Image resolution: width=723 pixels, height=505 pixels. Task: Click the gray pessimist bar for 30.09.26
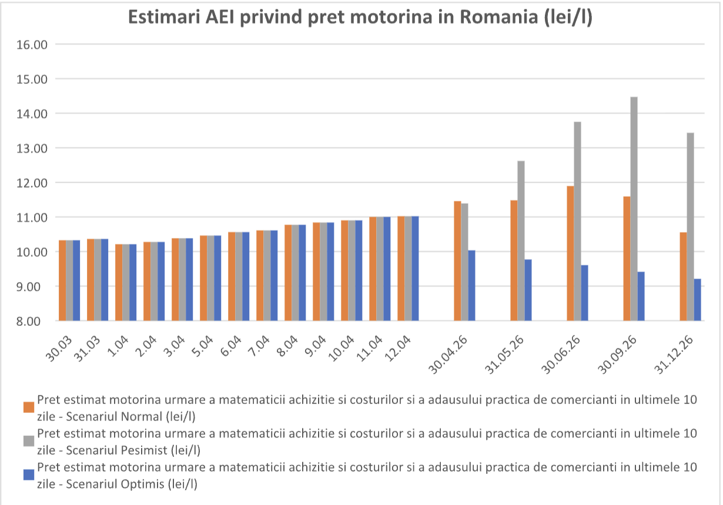pyautogui.click(x=634, y=208)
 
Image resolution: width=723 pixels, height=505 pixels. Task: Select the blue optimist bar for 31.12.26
pyautogui.click(x=697, y=299)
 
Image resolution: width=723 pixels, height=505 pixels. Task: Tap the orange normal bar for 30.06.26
pyautogui.click(x=570, y=253)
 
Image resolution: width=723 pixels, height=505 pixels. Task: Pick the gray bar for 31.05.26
pyautogui.click(x=521, y=241)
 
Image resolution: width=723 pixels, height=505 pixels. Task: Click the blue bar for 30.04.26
pyautogui.click(x=471, y=285)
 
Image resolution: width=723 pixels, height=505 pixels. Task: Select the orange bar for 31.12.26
pyautogui.click(x=683, y=277)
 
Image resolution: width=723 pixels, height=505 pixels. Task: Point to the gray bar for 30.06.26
pyautogui.click(x=577, y=221)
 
